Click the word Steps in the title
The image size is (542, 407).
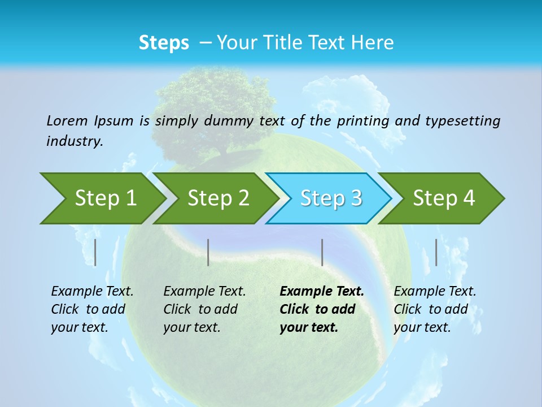(x=164, y=43)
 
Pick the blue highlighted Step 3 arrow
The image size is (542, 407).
(x=330, y=198)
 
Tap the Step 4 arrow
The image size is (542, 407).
(x=444, y=198)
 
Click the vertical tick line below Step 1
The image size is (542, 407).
(x=95, y=252)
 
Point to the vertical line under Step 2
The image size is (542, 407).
(x=208, y=252)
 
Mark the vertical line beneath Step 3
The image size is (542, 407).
(x=322, y=252)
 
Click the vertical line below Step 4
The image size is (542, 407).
(x=436, y=252)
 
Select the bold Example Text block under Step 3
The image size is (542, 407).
(x=322, y=309)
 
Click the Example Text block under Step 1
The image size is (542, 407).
(x=92, y=309)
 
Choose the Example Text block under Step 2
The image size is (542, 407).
(x=204, y=309)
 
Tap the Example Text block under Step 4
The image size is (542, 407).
(x=435, y=309)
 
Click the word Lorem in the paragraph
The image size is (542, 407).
(x=67, y=120)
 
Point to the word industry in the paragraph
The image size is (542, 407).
(x=75, y=141)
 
